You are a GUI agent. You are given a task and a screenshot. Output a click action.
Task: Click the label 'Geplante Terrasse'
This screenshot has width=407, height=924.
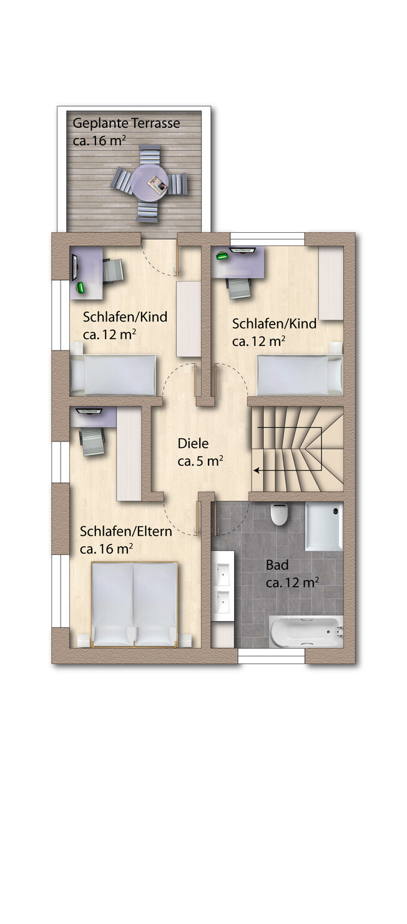[126, 123]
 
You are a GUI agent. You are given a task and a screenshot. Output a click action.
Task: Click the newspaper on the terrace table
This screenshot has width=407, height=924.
[158, 184]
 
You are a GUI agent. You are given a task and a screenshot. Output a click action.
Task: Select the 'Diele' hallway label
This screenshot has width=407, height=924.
[192, 443]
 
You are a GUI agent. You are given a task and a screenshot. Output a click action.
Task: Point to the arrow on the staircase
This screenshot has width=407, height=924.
[287, 470]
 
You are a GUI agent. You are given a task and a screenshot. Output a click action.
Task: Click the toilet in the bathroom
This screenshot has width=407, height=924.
[279, 514]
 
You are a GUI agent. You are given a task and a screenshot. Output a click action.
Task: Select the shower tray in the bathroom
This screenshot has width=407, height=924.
[324, 526]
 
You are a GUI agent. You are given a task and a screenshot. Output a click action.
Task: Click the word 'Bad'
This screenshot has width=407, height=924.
[277, 565]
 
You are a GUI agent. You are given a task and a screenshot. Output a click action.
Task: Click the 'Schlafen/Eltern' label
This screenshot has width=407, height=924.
[125, 531]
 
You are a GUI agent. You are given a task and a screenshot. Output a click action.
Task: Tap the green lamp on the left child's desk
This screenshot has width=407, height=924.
[81, 287]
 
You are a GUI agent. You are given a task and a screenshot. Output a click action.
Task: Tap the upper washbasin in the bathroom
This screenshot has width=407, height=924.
[223, 572]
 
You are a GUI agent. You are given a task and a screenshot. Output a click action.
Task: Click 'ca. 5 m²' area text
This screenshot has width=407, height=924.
[200, 461]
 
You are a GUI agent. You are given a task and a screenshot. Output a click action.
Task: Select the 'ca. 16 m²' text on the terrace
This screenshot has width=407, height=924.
[99, 140]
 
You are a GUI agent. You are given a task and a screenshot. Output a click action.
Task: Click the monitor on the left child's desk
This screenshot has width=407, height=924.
[75, 267]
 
